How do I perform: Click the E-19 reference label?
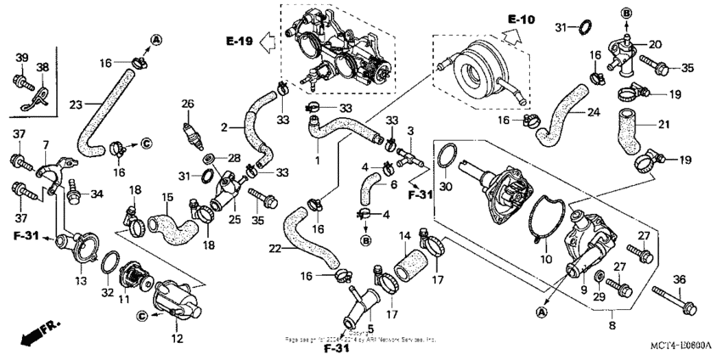240,40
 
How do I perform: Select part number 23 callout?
75,104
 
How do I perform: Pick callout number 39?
21,57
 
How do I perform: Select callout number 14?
404,234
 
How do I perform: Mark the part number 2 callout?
224,128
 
